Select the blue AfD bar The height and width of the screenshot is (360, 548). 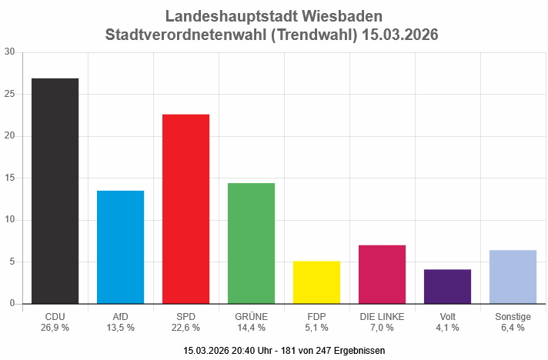(x=120, y=247)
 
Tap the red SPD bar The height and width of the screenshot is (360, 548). (x=185, y=208)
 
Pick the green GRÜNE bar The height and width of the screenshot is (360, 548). (x=251, y=243)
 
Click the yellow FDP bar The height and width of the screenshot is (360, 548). (x=316, y=282)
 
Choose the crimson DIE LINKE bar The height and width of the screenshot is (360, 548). (x=382, y=275)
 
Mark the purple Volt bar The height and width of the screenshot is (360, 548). (x=447, y=286)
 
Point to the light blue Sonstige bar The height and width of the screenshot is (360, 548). (x=513, y=277)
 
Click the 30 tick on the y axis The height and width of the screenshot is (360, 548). (x=9, y=52)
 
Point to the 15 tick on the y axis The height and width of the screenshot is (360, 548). (x=9, y=178)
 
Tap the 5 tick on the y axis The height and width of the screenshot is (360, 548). (x=12, y=262)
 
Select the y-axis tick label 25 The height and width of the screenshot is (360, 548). (x=9, y=94)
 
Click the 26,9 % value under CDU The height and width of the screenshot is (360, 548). (x=55, y=328)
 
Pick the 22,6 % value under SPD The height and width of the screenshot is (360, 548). (x=185, y=328)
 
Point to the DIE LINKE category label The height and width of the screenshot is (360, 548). (x=382, y=316)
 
